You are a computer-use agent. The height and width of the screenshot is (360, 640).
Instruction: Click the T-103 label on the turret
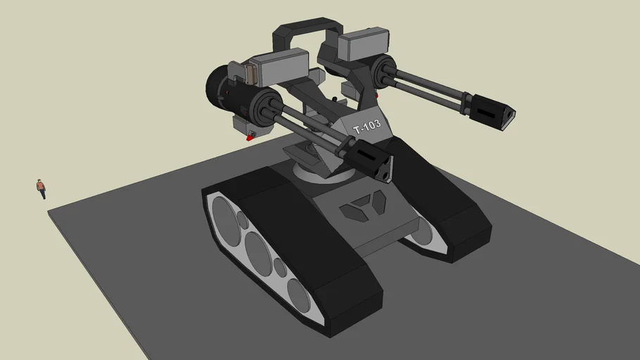(x=366, y=127)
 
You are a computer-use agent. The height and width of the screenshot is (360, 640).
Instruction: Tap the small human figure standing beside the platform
(x=41, y=188)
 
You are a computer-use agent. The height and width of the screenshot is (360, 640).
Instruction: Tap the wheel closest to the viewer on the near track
(x=299, y=295)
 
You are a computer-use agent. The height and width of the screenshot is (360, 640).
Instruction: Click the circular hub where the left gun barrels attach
(x=263, y=108)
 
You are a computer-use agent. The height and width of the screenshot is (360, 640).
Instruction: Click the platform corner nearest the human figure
(x=49, y=210)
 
